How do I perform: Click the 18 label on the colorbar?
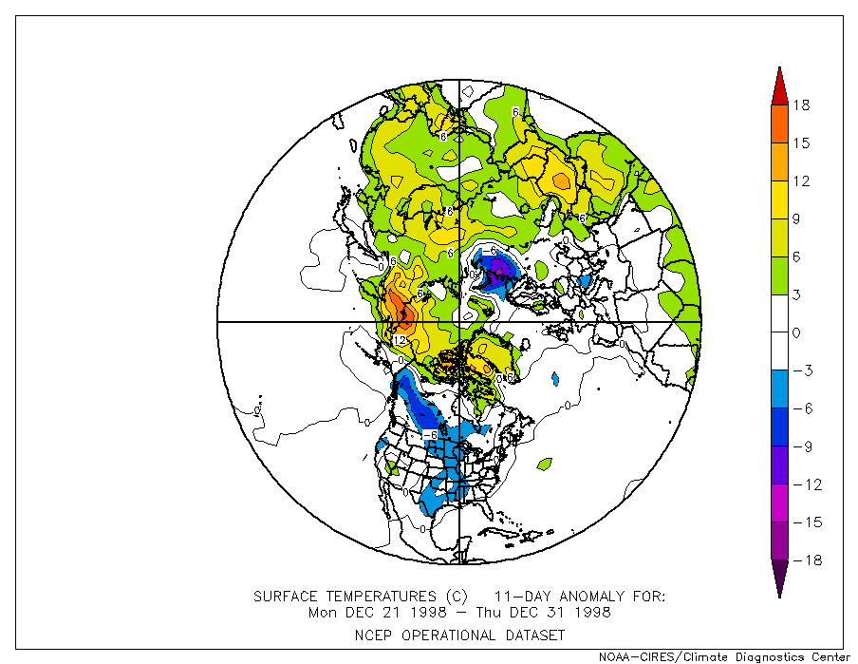pyautogui.click(x=802, y=104)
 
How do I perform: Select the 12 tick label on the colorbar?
pyautogui.click(x=802, y=180)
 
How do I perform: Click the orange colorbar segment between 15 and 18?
pyautogui.click(x=779, y=123)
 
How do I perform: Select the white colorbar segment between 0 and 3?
pyautogui.click(x=779, y=313)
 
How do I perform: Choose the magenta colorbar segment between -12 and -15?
pyautogui.click(x=779, y=503)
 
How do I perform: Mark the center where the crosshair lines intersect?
pyautogui.click(x=459, y=322)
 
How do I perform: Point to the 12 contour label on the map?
pyautogui.click(x=400, y=340)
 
